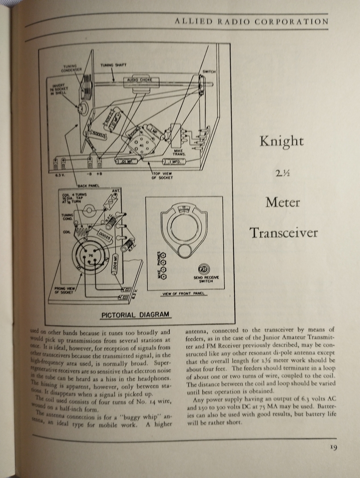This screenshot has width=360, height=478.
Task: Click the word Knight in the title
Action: [x=281, y=141]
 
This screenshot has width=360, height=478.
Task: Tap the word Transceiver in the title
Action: [x=283, y=232]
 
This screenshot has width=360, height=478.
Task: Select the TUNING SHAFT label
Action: [x=113, y=65]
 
